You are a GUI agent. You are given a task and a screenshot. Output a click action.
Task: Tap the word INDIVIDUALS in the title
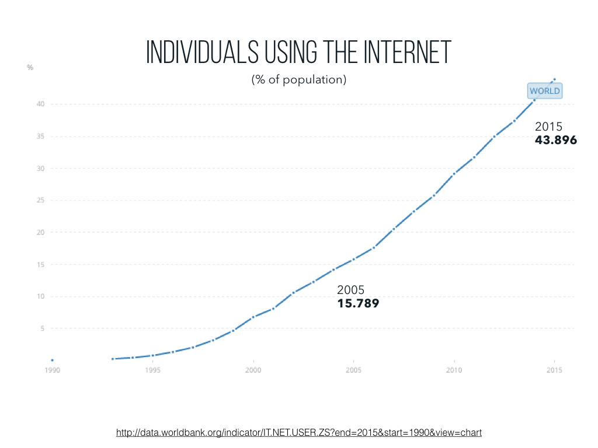point(201,53)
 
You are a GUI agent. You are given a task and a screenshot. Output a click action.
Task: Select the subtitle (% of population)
point(299,79)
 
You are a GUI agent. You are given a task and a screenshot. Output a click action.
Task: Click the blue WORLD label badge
point(545,91)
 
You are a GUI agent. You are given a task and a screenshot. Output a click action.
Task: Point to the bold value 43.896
point(555,140)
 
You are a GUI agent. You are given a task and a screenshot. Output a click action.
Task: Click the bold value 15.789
point(358,303)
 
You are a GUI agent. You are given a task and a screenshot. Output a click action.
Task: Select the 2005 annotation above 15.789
point(351,290)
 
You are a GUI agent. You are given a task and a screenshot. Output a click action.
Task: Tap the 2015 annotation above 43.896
point(548,127)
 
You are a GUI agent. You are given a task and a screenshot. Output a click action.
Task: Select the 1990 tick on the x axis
point(52,370)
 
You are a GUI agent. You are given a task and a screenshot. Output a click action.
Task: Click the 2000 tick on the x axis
point(253,370)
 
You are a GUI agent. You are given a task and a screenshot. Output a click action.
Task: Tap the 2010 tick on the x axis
point(454,370)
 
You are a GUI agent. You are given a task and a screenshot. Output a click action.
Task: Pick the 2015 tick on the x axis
point(554,370)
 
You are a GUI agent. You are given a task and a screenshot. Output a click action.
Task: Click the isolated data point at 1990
point(52,360)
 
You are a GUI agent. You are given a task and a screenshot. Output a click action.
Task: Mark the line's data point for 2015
point(554,79)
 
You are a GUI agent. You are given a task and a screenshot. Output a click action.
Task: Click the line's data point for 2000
point(253,317)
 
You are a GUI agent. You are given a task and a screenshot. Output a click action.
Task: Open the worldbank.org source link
point(299,432)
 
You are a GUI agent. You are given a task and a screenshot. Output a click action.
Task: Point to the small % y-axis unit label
point(30,68)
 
